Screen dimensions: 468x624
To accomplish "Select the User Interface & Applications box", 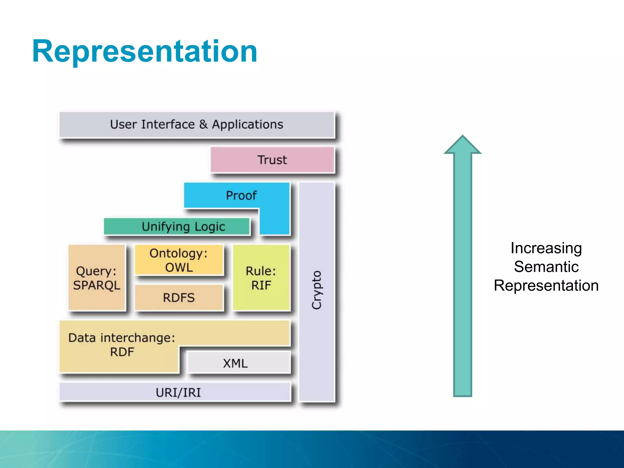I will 197,125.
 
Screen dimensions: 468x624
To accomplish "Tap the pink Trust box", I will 272,160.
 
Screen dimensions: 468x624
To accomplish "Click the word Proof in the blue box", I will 241,195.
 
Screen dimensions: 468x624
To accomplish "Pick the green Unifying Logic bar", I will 177,226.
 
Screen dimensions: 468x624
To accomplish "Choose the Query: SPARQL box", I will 97,278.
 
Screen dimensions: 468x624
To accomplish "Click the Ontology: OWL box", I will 179,260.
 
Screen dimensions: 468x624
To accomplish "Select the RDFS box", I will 179,297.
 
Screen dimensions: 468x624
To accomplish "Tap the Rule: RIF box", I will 261,278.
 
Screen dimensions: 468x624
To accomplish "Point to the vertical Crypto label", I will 317,290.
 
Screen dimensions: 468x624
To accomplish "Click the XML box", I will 236,363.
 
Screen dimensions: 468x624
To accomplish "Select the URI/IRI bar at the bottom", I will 178,392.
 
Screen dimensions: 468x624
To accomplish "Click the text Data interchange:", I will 122,338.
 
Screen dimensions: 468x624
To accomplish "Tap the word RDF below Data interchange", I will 122,352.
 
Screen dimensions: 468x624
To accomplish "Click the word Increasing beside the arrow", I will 546,248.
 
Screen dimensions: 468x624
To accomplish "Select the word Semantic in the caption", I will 546,267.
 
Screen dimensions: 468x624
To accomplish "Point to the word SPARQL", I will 97,285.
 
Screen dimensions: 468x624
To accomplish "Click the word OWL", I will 179,268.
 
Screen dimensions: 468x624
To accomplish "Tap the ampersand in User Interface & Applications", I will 203,125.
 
